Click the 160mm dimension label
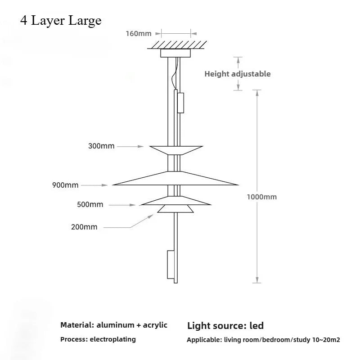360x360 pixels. (x=139, y=33)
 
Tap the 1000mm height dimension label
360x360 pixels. (x=262, y=197)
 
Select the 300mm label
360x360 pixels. (x=101, y=146)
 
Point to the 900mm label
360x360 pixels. (x=65, y=185)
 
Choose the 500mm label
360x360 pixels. (x=90, y=204)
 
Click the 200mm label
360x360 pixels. (x=84, y=227)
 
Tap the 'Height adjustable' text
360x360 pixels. (x=238, y=74)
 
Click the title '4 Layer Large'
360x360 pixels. (x=61, y=20)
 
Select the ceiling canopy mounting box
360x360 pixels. (x=175, y=53)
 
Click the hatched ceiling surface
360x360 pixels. (x=177, y=45)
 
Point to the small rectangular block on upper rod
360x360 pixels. (x=181, y=103)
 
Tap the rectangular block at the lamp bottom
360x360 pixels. (x=171, y=265)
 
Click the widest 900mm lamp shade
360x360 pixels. (x=175, y=178)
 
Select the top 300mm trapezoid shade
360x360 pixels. (x=176, y=150)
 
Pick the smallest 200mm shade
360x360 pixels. (x=175, y=209)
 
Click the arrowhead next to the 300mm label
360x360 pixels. (x=140, y=146)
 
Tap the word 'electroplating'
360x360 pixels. (x=113, y=339)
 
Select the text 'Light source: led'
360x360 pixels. (x=225, y=326)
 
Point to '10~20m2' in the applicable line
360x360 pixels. (x=326, y=340)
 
